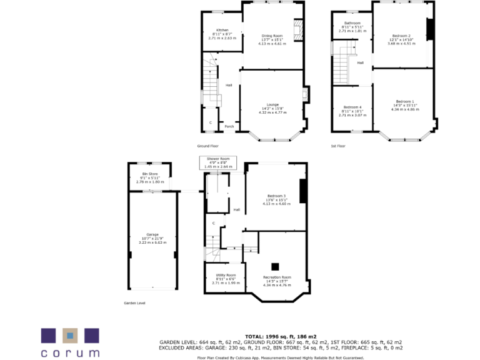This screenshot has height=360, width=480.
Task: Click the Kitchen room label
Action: (222, 30)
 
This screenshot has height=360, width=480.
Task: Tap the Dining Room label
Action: (272, 36)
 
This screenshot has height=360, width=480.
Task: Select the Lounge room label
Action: (272, 104)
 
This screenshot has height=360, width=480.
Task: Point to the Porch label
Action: (229, 126)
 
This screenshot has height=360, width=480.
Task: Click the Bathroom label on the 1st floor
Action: (352, 23)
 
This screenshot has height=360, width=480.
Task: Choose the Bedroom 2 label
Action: (401, 36)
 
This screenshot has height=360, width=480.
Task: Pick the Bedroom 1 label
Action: (405, 101)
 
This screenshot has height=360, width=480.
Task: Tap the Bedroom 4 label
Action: (352, 107)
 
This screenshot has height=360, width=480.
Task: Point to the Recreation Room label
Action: (277, 277)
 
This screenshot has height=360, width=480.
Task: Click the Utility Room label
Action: (226, 275)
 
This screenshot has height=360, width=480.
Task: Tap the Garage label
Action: (152, 234)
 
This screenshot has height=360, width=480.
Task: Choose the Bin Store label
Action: (149, 174)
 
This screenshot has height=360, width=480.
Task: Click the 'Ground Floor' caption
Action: (208, 146)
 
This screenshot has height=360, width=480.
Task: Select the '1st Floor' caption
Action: (338, 146)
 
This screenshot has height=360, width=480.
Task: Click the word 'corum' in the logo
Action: (70, 352)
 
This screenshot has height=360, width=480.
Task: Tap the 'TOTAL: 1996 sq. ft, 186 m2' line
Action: (281, 336)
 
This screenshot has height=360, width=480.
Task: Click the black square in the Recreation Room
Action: (274, 266)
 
